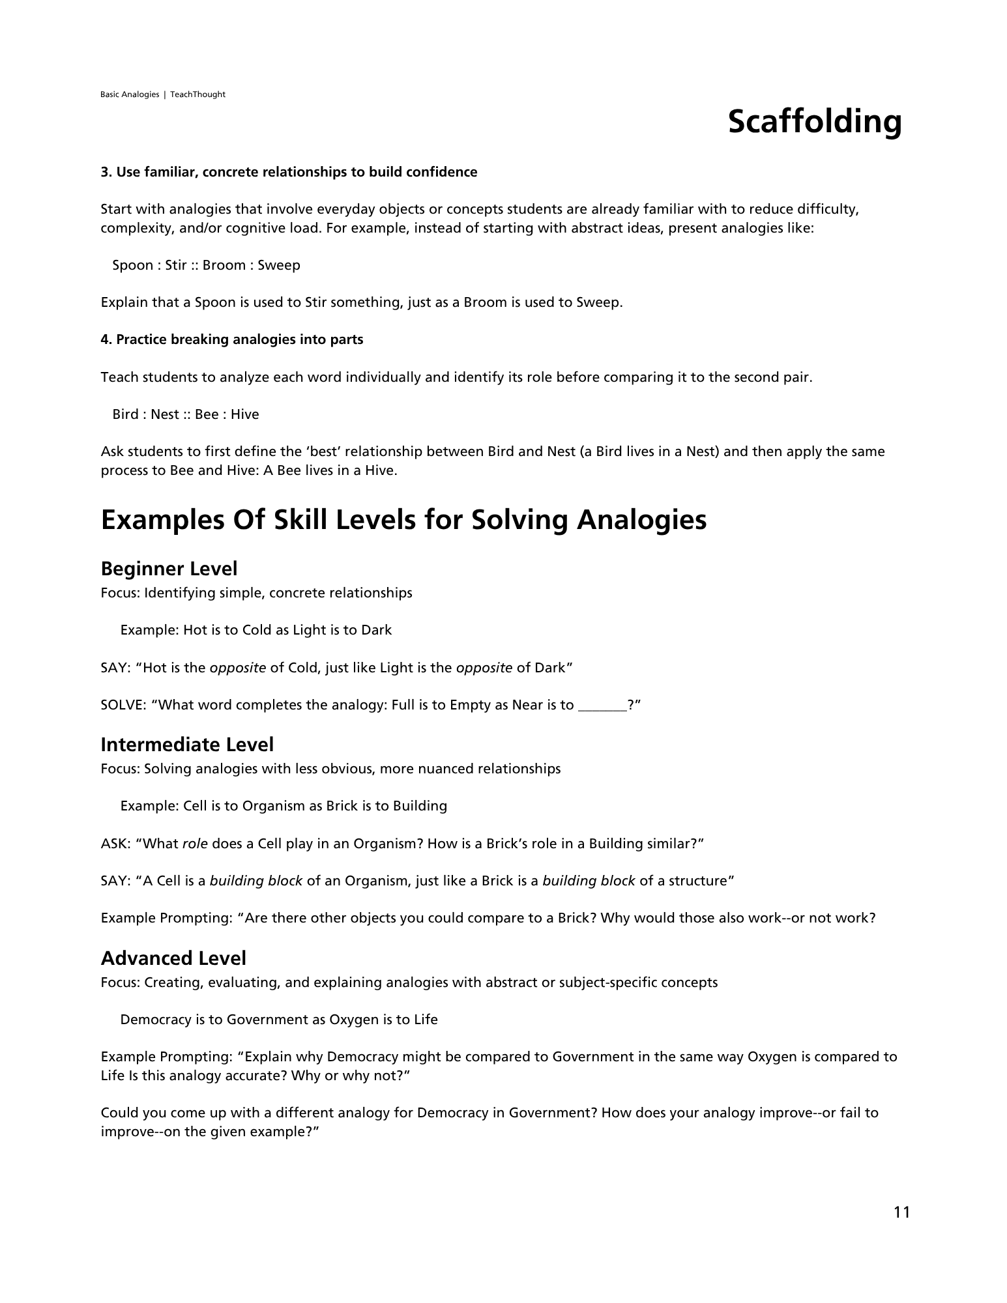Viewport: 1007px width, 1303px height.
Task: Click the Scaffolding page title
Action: [x=814, y=122]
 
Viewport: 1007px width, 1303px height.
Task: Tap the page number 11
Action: [x=901, y=1212]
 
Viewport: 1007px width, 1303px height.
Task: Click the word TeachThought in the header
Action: [x=197, y=94]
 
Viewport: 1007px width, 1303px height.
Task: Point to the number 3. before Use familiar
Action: [x=106, y=172]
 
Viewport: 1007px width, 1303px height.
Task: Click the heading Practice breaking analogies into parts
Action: [x=239, y=339]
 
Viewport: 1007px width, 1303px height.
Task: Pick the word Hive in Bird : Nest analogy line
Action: [x=244, y=414]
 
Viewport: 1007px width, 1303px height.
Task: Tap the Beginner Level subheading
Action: [x=169, y=569]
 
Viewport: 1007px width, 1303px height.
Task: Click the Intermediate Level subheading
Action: [x=187, y=745]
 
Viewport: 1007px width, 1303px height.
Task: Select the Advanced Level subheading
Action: [x=173, y=958]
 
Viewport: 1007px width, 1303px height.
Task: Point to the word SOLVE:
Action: [x=123, y=705]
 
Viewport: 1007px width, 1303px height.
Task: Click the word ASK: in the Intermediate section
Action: [x=115, y=844]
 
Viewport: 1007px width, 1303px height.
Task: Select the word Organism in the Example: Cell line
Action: [x=273, y=806]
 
